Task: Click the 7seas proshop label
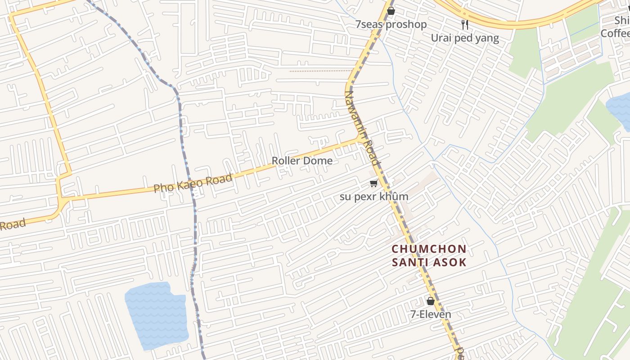(391, 24)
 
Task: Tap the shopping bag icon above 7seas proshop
(391, 11)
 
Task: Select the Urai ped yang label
(465, 38)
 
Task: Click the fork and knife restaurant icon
(465, 25)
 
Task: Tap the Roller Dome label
(302, 161)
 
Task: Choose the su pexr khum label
(374, 197)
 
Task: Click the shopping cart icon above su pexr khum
(373, 183)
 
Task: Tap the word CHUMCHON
(429, 249)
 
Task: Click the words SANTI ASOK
(429, 262)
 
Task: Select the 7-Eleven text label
(430, 315)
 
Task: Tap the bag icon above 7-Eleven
(430, 301)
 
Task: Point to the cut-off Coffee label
(616, 34)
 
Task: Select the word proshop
(406, 24)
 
